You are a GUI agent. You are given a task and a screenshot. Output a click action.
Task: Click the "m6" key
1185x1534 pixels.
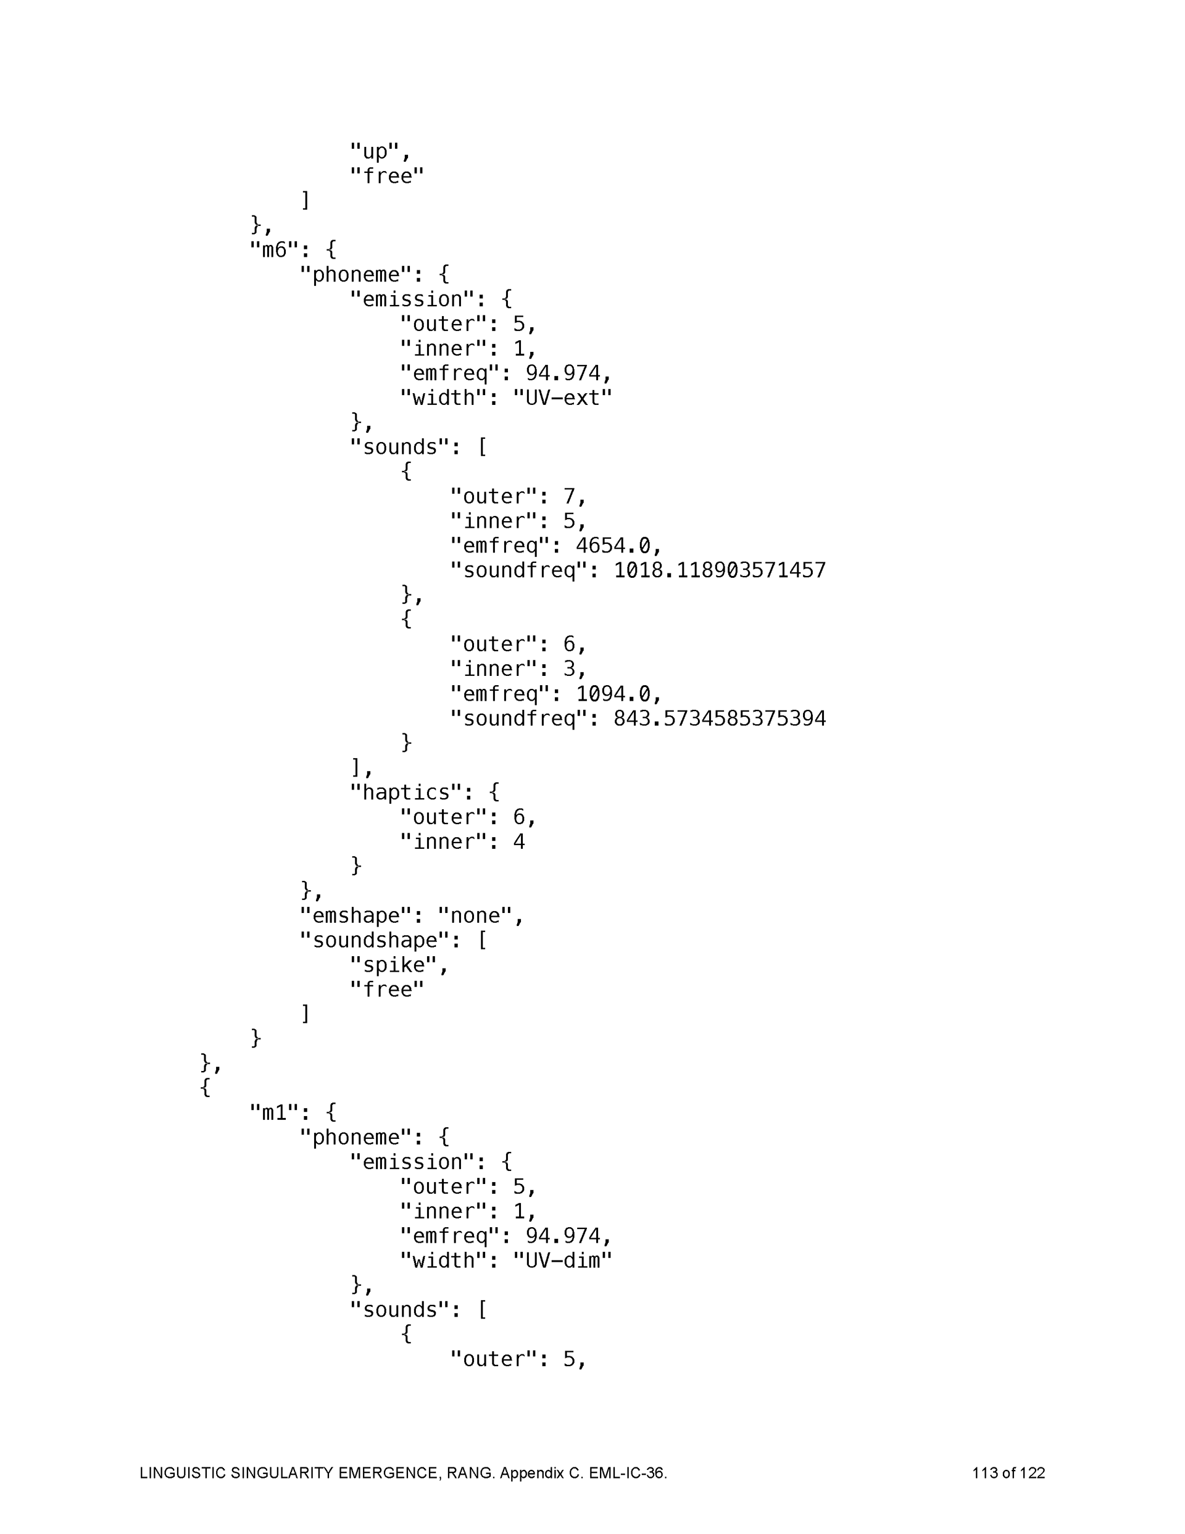tap(275, 250)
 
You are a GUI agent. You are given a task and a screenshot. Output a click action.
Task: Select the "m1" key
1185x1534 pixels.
tap(275, 1112)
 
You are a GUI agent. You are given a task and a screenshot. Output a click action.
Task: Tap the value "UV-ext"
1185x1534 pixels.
tap(562, 398)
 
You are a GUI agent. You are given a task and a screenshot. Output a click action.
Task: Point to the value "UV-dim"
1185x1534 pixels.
tap(562, 1261)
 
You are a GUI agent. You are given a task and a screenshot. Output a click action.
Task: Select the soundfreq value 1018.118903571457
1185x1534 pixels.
tap(719, 570)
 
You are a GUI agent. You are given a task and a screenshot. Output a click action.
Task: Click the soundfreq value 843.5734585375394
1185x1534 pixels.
tap(719, 719)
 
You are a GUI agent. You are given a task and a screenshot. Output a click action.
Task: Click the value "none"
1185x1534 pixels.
tap(475, 916)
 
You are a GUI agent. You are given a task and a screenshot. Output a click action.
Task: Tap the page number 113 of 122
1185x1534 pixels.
tap(1008, 1473)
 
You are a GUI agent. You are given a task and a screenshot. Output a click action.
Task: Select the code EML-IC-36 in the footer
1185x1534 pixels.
tap(626, 1473)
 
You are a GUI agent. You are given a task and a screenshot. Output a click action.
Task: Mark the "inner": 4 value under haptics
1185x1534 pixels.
tap(518, 841)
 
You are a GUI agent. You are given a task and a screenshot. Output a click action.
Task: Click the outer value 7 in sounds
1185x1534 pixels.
tap(569, 496)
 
